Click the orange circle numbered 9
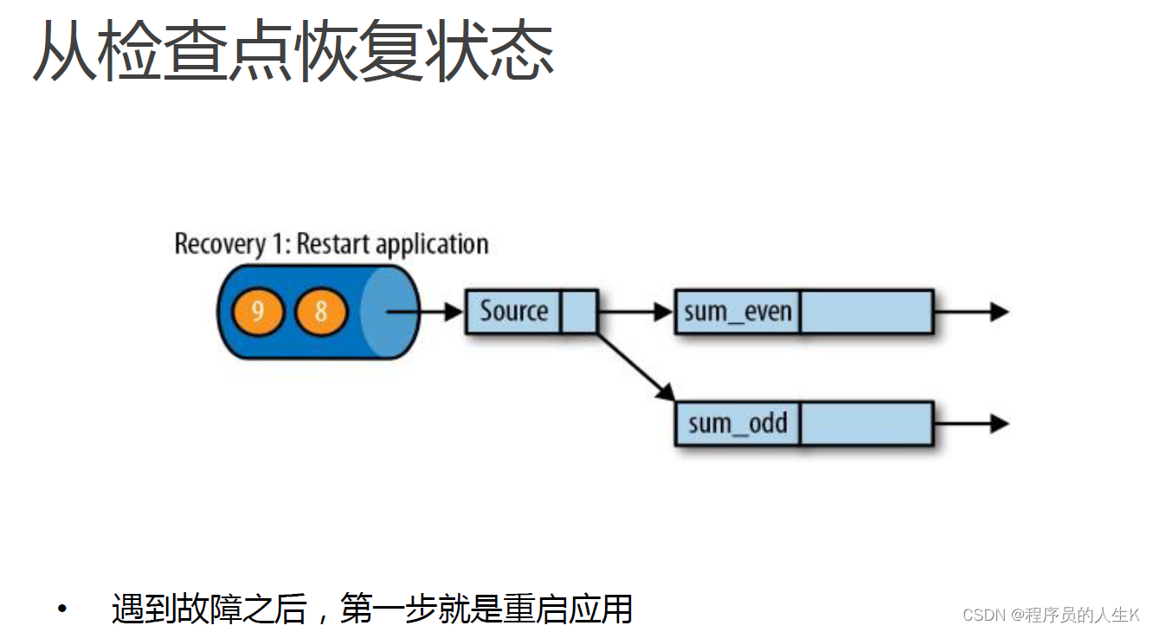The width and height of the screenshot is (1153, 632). pos(257,312)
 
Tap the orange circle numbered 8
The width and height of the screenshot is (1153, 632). pos(321,312)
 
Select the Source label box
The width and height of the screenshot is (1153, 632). pos(513,312)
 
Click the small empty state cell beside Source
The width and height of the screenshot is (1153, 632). pos(579,312)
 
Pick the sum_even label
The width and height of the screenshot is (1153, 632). pos(738,312)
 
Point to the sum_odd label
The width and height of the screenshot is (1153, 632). pos(738,423)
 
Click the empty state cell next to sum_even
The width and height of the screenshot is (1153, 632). pos(866,312)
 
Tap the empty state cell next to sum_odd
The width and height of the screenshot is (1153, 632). pos(866,423)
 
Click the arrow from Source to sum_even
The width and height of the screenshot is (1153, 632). pos(635,312)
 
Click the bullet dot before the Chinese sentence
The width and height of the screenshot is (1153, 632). pos(61,609)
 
